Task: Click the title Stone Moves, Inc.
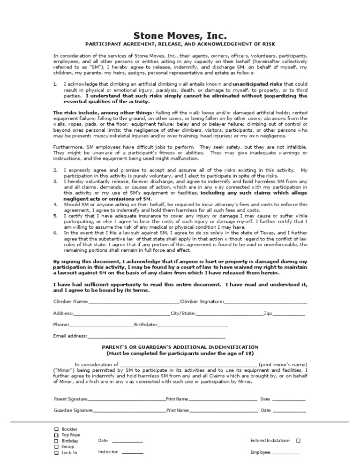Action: (x=180, y=36)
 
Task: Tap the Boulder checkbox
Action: (x=57, y=429)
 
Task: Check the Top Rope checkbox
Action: (x=57, y=435)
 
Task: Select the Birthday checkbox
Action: (x=57, y=441)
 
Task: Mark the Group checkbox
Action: (x=57, y=447)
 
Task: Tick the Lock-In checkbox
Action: (x=57, y=453)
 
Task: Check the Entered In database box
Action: (x=299, y=441)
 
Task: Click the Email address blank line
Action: (x=156, y=337)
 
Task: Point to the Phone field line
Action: (x=102, y=325)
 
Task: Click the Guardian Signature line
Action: (x=129, y=411)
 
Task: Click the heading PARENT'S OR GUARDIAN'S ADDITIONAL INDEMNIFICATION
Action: (x=180, y=346)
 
